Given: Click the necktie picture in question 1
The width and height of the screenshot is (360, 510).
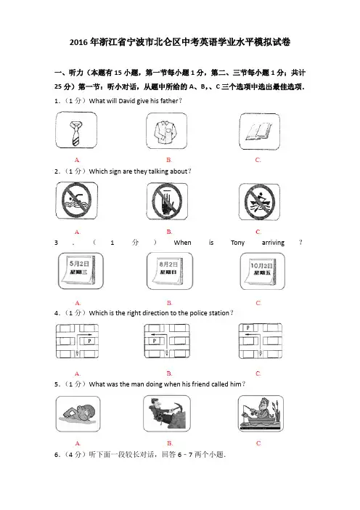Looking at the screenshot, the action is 76,130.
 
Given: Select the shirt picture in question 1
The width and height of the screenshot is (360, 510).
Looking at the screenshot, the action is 166,131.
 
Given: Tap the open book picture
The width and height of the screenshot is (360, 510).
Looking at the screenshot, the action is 259,131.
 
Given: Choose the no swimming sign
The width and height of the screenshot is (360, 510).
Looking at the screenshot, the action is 76,200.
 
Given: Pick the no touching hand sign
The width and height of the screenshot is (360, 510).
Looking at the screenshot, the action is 167,201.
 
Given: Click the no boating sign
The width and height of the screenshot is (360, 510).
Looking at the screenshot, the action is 259,202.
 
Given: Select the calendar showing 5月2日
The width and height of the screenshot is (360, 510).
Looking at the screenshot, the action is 81,271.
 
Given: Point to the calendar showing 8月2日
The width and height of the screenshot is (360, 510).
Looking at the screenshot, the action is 170,271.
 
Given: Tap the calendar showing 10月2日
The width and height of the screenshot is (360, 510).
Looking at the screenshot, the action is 263,271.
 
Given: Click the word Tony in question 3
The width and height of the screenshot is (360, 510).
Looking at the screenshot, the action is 237,243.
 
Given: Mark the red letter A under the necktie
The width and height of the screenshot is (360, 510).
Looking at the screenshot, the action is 77,160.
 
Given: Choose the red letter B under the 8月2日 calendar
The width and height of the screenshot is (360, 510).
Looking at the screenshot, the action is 169,303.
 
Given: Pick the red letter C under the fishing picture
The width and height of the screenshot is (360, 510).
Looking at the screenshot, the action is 258,443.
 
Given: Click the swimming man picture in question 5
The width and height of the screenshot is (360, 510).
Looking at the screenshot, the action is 78,413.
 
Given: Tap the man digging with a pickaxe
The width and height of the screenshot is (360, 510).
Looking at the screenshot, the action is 167,413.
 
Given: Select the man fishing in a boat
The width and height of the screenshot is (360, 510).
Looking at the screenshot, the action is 261,413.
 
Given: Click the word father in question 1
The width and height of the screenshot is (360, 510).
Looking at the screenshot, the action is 169,101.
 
